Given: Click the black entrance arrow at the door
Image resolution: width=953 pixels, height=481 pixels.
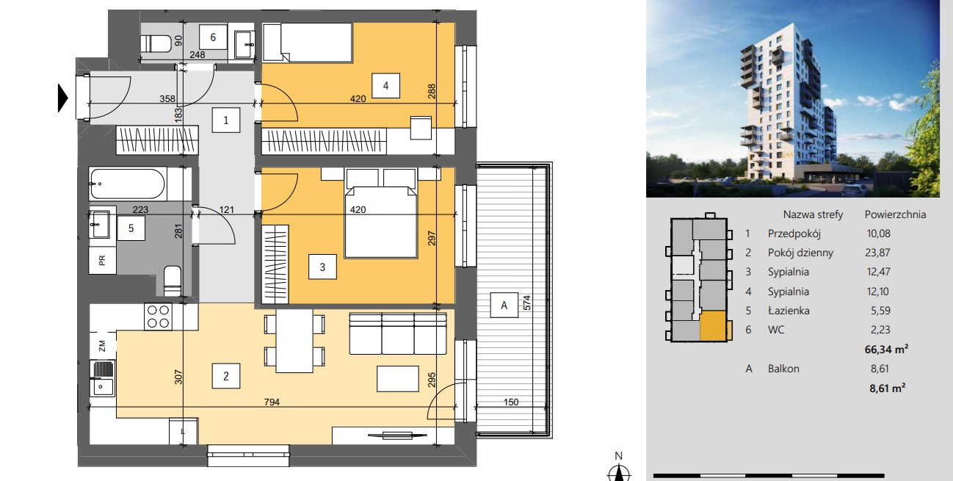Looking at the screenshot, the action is coord(62,98).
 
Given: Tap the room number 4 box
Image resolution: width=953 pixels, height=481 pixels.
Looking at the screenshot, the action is coord(385,86).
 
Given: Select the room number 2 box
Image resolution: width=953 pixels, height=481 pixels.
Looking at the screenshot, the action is coord(226,376).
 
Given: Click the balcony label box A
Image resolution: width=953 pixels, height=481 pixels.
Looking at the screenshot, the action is coord(504,305).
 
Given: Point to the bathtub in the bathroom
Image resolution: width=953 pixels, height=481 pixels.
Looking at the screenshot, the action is coord(128,184).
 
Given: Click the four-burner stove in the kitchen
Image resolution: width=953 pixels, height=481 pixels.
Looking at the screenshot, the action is coord(159,317).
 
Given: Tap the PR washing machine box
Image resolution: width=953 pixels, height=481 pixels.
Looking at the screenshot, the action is coord(102,260).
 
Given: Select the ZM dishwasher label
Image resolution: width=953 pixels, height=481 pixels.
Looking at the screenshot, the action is coord(102,346).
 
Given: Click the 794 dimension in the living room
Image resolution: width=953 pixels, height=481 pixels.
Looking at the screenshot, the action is coord(272,402).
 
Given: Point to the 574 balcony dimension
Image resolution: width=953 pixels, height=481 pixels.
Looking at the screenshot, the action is coord(526,303).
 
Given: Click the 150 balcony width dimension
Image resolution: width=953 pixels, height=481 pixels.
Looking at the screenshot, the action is coord(511,402).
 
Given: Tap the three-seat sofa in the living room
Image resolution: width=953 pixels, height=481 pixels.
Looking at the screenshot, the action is coord(398,333).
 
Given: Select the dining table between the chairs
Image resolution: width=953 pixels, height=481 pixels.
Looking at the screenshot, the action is coord(294,341).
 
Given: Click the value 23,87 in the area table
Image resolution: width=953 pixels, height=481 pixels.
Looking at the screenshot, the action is coord(877,253).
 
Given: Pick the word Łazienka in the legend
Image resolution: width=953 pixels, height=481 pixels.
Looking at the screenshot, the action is coord(789,311).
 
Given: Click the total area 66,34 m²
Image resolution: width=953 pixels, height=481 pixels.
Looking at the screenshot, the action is coord(886,349).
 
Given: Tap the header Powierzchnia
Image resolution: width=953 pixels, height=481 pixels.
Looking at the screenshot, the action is coord(895,214).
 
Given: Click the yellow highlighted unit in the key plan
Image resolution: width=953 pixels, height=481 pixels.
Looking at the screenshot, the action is coord(713,325).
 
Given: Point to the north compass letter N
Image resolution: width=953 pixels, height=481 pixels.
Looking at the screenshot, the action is coord(619,456).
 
